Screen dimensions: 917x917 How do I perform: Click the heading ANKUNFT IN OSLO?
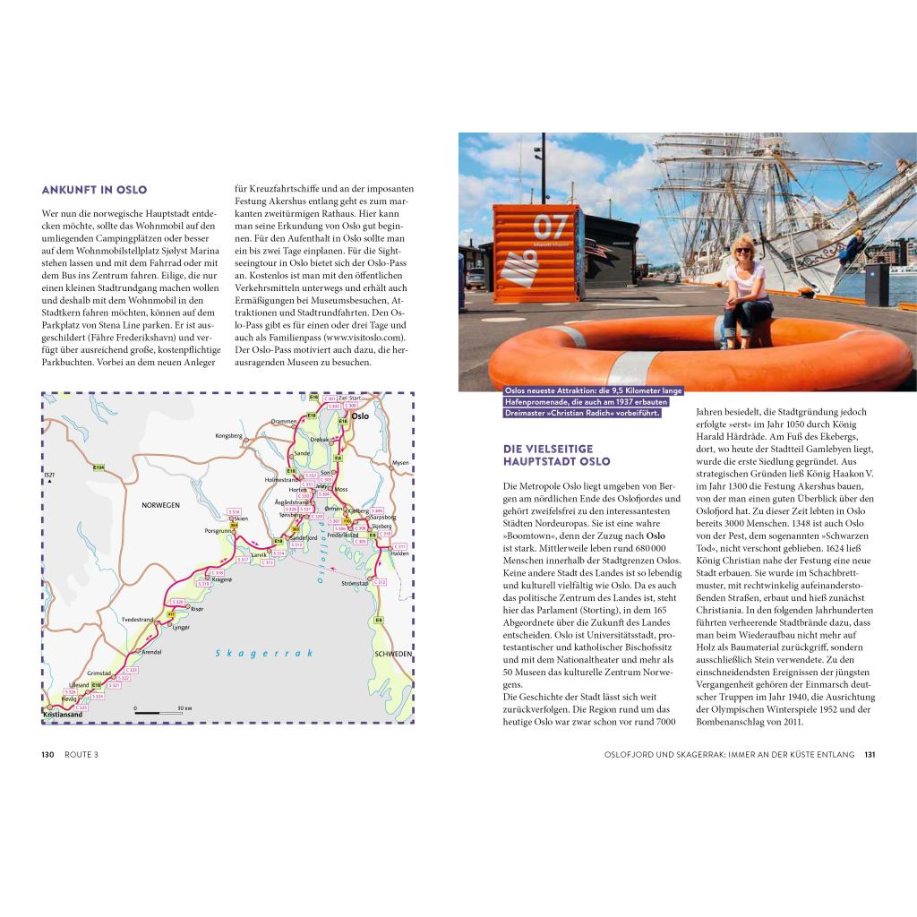click(94, 190)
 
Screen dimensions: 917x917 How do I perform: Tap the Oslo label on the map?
click(360, 416)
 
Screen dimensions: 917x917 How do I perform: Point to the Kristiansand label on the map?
click(63, 715)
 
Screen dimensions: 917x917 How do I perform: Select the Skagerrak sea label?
click(264, 654)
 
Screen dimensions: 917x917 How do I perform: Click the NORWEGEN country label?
click(160, 505)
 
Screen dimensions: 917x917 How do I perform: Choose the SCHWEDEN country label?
click(392, 655)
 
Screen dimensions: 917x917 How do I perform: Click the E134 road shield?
click(99, 467)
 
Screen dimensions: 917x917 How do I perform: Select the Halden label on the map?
click(399, 553)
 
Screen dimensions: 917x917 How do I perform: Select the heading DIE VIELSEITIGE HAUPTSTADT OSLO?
click(556, 455)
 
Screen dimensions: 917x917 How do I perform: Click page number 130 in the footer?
click(48, 754)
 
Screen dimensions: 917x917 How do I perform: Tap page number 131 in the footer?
click(870, 754)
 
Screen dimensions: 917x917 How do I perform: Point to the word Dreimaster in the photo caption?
click(531, 413)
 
